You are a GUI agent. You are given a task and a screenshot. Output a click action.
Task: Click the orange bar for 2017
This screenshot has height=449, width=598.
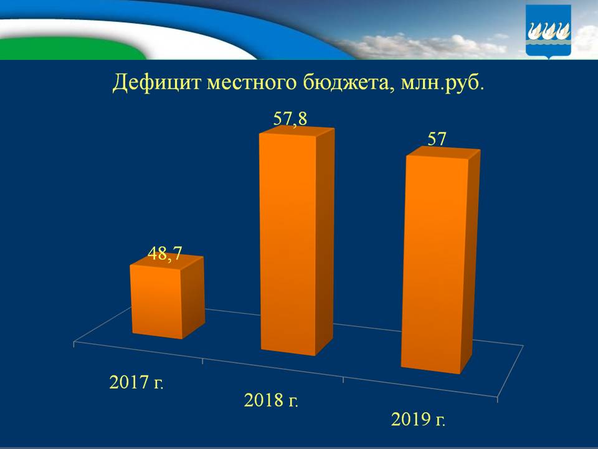point(157,302)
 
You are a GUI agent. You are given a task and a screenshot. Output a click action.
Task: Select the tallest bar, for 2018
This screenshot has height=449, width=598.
point(288,243)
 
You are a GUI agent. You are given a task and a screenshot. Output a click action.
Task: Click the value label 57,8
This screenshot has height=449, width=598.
point(290,118)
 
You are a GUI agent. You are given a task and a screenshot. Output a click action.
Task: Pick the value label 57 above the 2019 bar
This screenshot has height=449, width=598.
point(437,138)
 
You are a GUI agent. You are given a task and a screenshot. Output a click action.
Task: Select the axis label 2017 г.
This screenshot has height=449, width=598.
point(136,382)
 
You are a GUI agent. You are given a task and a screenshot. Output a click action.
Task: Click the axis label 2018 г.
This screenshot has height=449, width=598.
point(272,400)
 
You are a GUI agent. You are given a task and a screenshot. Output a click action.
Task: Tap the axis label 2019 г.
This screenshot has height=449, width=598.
point(418,419)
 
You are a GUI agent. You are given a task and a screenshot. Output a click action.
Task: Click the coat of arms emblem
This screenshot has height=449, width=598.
point(548,31)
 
